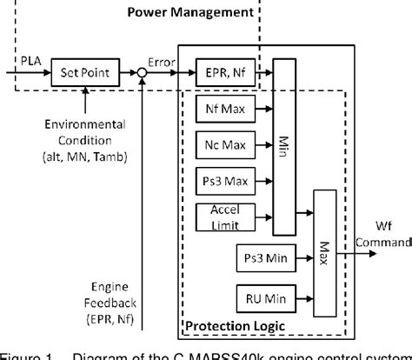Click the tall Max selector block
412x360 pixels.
coord(324,249)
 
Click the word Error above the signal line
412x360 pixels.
coord(160,62)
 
